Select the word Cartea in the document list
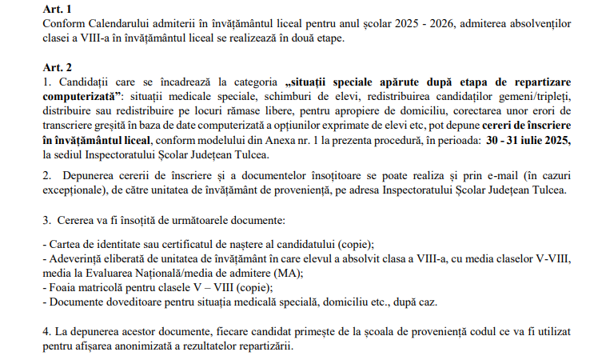pos(66,243)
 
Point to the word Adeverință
pos(78,258)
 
